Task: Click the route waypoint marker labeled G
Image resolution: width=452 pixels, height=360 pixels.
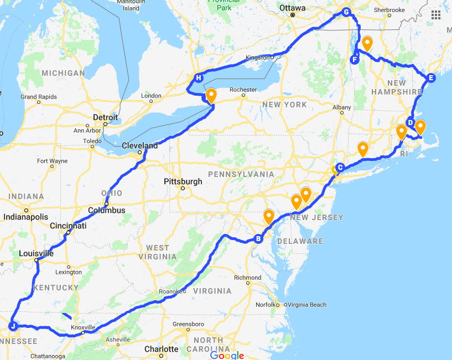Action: point(347,12)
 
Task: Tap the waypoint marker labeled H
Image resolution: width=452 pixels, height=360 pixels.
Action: point(199,78)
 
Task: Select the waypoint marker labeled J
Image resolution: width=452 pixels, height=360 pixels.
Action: point(13,326)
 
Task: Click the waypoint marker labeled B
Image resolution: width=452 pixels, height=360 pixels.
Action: point(258,239)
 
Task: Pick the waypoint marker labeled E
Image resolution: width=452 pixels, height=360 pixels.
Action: point(432,77)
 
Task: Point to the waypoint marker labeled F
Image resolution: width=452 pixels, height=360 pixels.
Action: point(355,60)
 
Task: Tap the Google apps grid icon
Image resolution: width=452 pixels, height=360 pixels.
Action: point(436,14)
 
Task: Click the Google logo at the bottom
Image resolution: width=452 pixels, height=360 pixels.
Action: point(227,354)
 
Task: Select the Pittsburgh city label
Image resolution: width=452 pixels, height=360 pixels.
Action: point(183,181)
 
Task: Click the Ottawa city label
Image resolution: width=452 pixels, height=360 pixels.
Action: point(293,8)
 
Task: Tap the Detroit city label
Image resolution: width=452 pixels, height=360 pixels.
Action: point(105,117)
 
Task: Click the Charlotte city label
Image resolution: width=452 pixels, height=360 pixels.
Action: point(161,349)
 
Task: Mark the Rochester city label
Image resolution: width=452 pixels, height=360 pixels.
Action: point(243,90)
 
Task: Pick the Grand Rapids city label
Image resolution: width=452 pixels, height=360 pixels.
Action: point(38,97)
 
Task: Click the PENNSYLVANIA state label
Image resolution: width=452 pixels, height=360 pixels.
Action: point(241,174)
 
